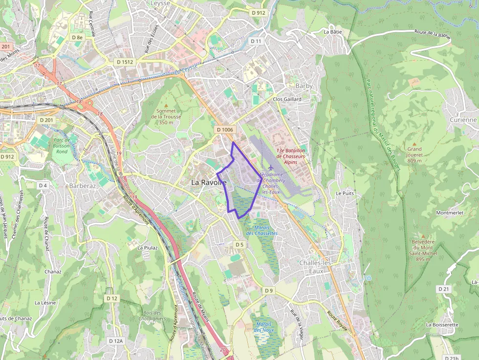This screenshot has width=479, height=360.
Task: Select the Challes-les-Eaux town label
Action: [316, 267]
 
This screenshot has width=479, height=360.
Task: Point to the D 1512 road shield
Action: [125, 62]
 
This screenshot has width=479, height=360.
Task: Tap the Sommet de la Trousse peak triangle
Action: [166, 105]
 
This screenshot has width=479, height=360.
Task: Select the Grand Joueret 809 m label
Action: [414, 154]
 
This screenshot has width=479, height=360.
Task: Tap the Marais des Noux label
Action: [264, 327]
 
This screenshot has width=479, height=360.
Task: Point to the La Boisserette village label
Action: [442, 324]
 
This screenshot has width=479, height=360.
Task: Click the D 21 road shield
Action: [443, 289]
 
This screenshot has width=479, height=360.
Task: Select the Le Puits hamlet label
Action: [345, 193]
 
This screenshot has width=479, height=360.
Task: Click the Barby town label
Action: [304, 85]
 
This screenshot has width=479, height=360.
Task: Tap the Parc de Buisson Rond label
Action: [62, 146]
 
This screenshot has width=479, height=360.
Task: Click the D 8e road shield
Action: [77, 37]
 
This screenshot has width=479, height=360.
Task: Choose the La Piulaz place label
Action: [148, 248]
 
